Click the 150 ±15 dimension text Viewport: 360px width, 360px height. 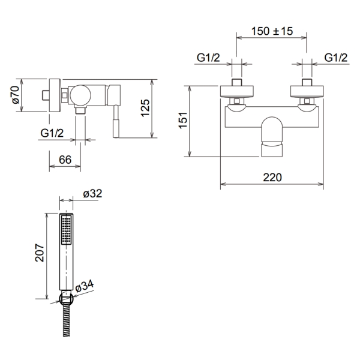tap(272, 31)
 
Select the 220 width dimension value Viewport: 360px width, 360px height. tap(272, 178)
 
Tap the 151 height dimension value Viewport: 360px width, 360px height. tap(184, 121)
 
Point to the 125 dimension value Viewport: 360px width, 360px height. tap(145, 108)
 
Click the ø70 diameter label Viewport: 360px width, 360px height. tap(16, 95)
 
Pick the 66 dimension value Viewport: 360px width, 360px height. tap(65, 160)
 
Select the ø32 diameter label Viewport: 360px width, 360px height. tap(92, 194)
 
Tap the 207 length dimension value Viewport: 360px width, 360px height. tap(40, 253)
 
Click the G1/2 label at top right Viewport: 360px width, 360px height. tap(336, 58)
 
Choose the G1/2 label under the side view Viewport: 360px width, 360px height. tap(52, 133)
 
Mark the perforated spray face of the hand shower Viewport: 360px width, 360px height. tap(67, 230)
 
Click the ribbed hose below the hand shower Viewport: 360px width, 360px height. tap(67, 320)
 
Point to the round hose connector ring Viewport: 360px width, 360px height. tap(67, 298)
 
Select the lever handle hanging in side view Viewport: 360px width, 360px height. tap(116, 121)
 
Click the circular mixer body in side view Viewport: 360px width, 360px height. tap(80, 95)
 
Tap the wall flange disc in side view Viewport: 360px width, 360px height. tap(55, 95)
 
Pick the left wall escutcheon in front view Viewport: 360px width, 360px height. tap(237, 91)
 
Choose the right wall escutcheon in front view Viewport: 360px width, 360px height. tap(307, 91)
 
